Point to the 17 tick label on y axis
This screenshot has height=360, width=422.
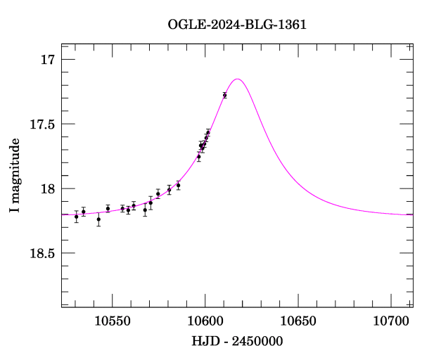(48, 59)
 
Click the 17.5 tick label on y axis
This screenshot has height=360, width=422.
(42, 124)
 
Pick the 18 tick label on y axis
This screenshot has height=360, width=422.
(48, 188)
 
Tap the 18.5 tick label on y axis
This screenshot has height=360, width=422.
(42, 253)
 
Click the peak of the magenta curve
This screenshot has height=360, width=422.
(238, 79)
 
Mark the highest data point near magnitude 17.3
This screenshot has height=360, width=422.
(224, 95)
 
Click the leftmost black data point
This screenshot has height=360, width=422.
(76, 217)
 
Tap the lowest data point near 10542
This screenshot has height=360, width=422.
(98, 219)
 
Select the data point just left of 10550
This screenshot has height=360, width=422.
(108, 208)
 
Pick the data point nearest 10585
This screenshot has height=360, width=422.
(178, 185)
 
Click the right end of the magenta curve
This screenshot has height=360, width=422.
(412, 214)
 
